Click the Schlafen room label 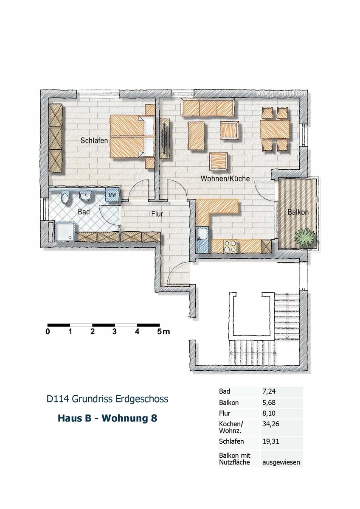pos(94,140)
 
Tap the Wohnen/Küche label pos(225,179)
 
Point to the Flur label pos(157,214)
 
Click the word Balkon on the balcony pos(298,212)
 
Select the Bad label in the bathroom pos(84,211)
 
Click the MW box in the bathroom pos(112,195)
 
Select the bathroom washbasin pos(86,196)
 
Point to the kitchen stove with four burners pos(230,246)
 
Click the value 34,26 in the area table pos(270,424)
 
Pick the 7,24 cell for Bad pos(269,391)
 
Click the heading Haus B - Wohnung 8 pos(107,418)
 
